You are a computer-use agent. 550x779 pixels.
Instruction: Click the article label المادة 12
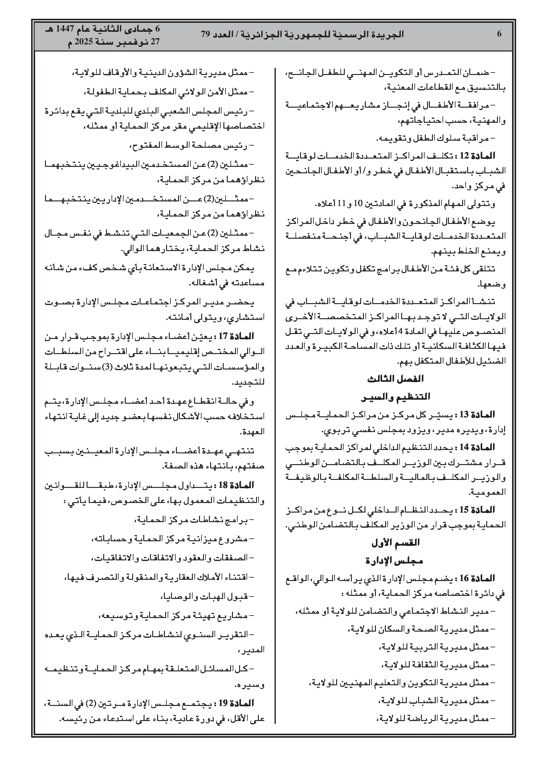point(479,156)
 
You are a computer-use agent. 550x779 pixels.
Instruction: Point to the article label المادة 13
point(479,414)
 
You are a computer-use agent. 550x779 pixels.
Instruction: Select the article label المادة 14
point(479,447)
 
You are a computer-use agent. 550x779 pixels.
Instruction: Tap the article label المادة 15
point(479,509)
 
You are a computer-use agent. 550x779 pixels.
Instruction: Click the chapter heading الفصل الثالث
point(395,379)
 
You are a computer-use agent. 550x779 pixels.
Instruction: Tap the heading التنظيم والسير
point(395,396)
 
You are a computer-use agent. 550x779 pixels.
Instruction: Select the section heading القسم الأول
point(395,543)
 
